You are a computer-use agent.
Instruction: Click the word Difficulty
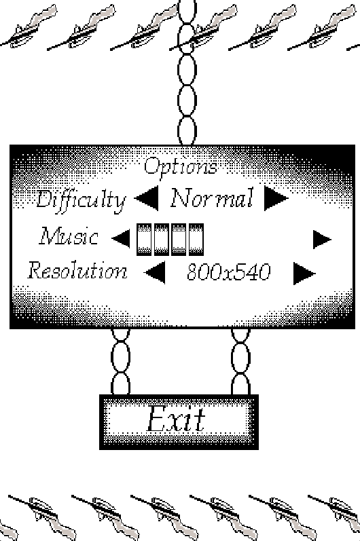point(81,200)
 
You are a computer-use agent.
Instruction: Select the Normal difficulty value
point(212,198)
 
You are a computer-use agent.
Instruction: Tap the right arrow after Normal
point(276,198)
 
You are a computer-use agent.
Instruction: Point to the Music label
point(69,236)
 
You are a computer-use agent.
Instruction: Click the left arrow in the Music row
point(122,238)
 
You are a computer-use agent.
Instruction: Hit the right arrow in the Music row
point(322,240)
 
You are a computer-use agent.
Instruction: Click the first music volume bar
point(144,240)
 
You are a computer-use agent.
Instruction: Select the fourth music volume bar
point(196,240)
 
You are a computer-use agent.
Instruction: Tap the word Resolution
point(77,270)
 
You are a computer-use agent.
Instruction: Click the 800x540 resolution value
point(228,272)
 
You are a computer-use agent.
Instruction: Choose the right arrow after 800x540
point(304,274)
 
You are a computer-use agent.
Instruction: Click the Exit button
point(179,422)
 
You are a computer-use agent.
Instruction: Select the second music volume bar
point(161,240)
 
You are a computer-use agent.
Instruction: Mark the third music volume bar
point(179,240)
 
